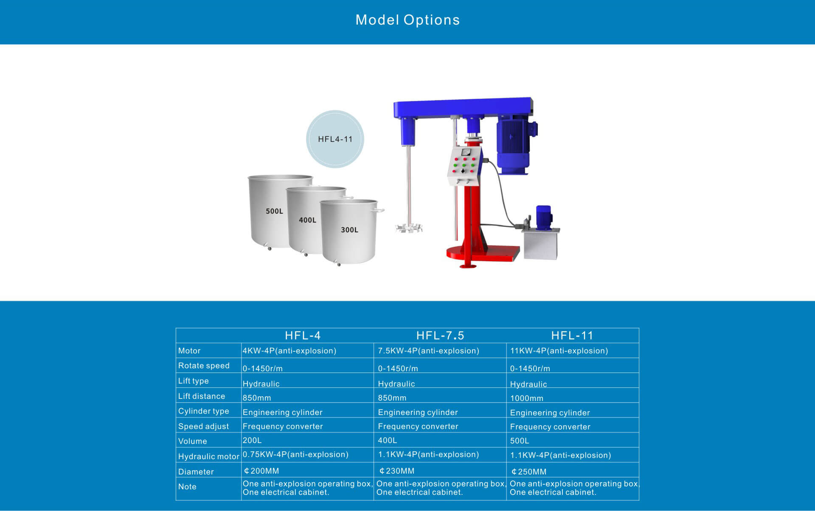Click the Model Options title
coord(407,20)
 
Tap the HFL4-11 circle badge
coord(335,139)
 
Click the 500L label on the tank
coord(274,211)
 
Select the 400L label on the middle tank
coord(307,220)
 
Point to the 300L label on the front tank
coord(349,230)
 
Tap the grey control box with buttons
coord(464,166)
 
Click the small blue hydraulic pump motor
coord(543,218)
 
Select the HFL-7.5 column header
coord(440,336)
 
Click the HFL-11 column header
coord(572,336)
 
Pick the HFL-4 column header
coord(303,336)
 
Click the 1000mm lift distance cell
coord(527,398)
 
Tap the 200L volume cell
coord(252,440)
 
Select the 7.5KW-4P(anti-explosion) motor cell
coord(428,351)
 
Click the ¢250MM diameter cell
coord(529,472)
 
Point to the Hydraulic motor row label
coord(208,457)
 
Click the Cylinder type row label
coord(204,411)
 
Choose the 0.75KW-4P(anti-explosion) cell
coord(295,455)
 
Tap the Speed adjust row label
coord(204,426)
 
